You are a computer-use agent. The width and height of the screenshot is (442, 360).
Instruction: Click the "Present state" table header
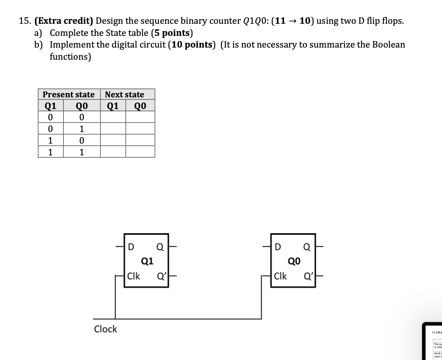point(68,94)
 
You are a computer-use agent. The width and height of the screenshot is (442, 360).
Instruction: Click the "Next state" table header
point(125,94)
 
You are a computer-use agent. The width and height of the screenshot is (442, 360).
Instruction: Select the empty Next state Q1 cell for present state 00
point(113,117)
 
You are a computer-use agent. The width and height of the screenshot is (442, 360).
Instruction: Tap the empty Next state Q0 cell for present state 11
point(140,152)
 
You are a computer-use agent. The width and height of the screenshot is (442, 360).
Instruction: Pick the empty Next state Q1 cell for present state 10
point(113,140)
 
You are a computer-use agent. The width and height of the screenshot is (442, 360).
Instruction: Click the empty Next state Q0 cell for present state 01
point(140,129)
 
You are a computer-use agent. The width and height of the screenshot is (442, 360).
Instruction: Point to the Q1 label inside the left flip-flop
point(147,260)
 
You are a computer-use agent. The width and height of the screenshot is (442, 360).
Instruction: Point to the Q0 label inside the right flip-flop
point(294,260)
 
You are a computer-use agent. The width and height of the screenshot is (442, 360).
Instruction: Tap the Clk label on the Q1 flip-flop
point(134,276)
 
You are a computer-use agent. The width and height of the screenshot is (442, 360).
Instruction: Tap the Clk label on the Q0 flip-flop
point(280,276)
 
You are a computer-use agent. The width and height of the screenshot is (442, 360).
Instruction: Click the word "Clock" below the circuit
point(106,329)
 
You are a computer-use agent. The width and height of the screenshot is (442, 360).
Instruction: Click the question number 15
point(25,21)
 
